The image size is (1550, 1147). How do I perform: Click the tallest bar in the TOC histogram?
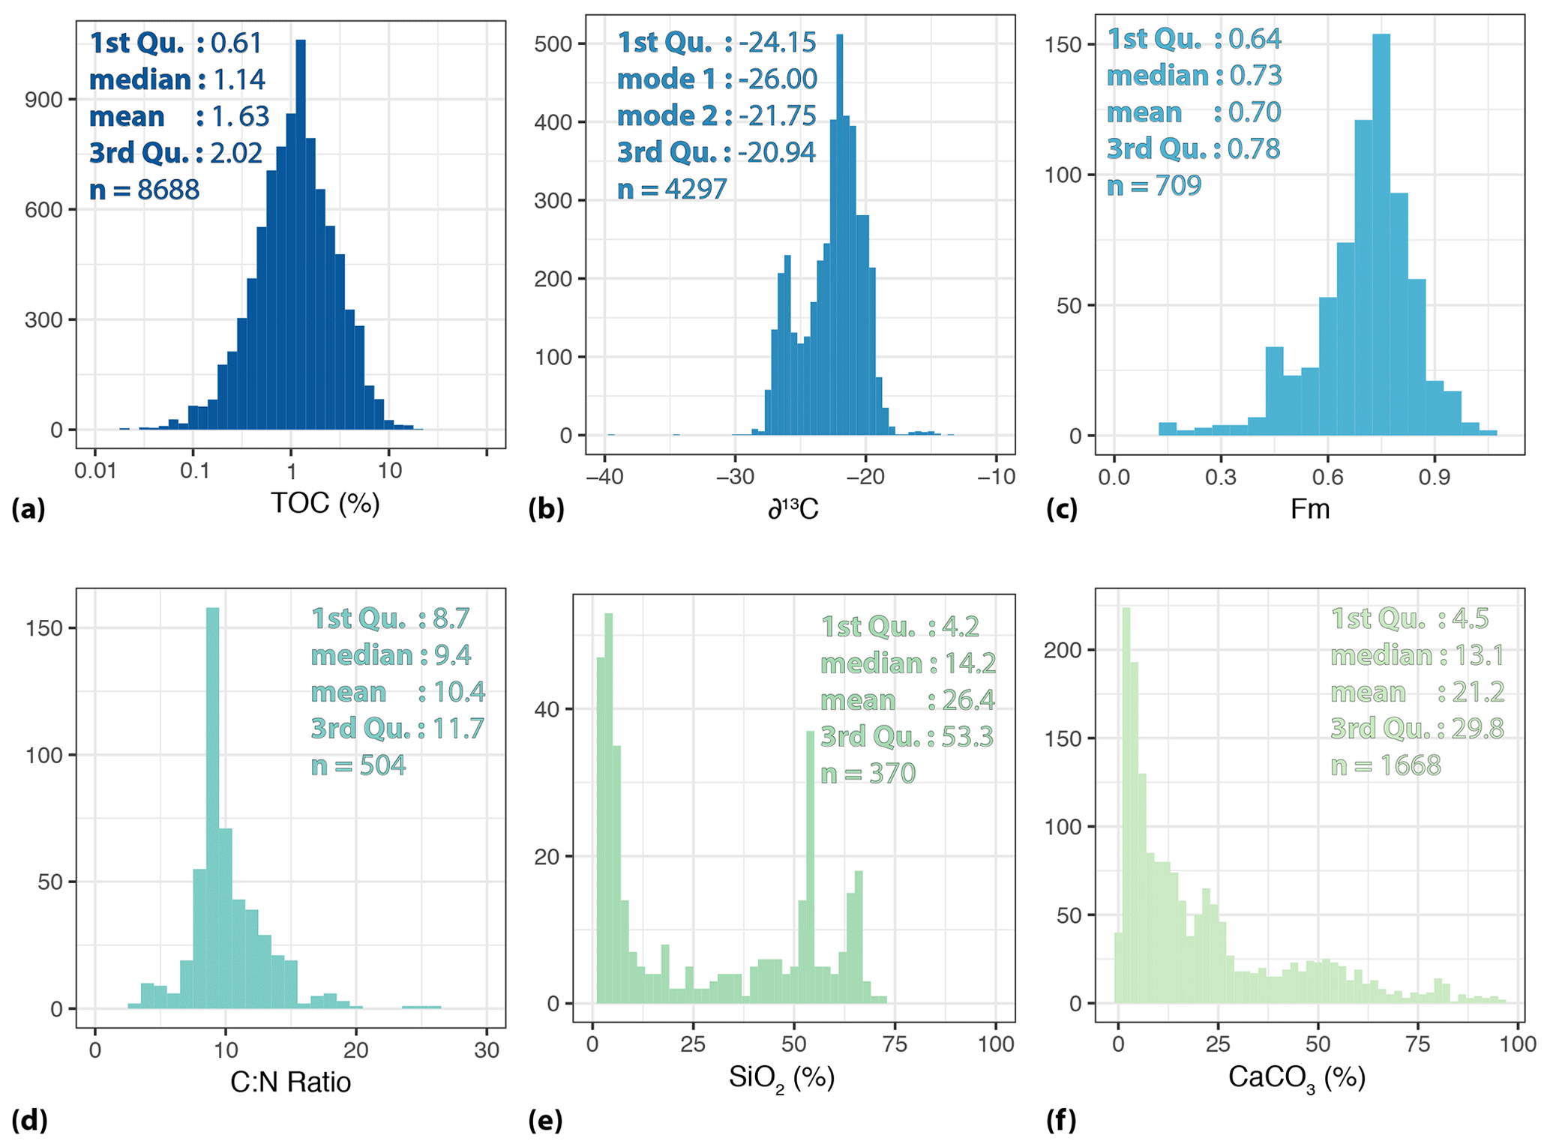coord(301,240)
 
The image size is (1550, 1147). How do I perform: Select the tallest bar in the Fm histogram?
coord(1381,240)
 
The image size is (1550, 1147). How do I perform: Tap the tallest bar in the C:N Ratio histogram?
coord(213,810)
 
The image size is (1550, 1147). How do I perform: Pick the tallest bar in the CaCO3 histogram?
coord(1126,810)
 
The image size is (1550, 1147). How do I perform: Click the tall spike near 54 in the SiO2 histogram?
coord(810,870)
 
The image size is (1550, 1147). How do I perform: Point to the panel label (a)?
coord(28,509)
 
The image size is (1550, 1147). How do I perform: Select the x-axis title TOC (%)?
coord(325,503)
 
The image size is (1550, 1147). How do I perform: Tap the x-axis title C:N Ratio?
coord(290,1082)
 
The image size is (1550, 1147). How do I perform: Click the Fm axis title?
coord(1309,509)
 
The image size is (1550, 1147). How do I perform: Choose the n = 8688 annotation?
coord(144,190)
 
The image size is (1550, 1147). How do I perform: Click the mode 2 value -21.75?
coord(777,115)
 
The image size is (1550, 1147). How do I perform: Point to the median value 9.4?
coord(452,655)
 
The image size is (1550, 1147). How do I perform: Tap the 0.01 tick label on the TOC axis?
coord(95,472)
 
